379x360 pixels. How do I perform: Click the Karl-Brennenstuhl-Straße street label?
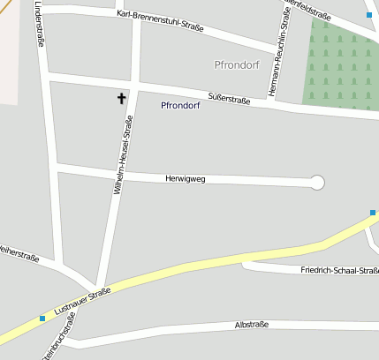coord(160,21)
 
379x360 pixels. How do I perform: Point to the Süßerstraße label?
coord(229,98)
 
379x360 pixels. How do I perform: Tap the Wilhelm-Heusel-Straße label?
coord(122,155)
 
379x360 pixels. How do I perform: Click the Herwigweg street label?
coord(186,179)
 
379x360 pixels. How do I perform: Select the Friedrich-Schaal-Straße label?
coord(339,270)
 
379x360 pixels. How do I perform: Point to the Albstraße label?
coord(252,326)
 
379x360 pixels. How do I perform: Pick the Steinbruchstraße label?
coord(55,348)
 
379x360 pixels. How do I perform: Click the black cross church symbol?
coord(121,99)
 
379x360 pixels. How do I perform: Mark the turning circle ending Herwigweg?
coord(318,183)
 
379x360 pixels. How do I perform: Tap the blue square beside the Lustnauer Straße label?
coord(42,319)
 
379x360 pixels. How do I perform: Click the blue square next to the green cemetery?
coord(368,15)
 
